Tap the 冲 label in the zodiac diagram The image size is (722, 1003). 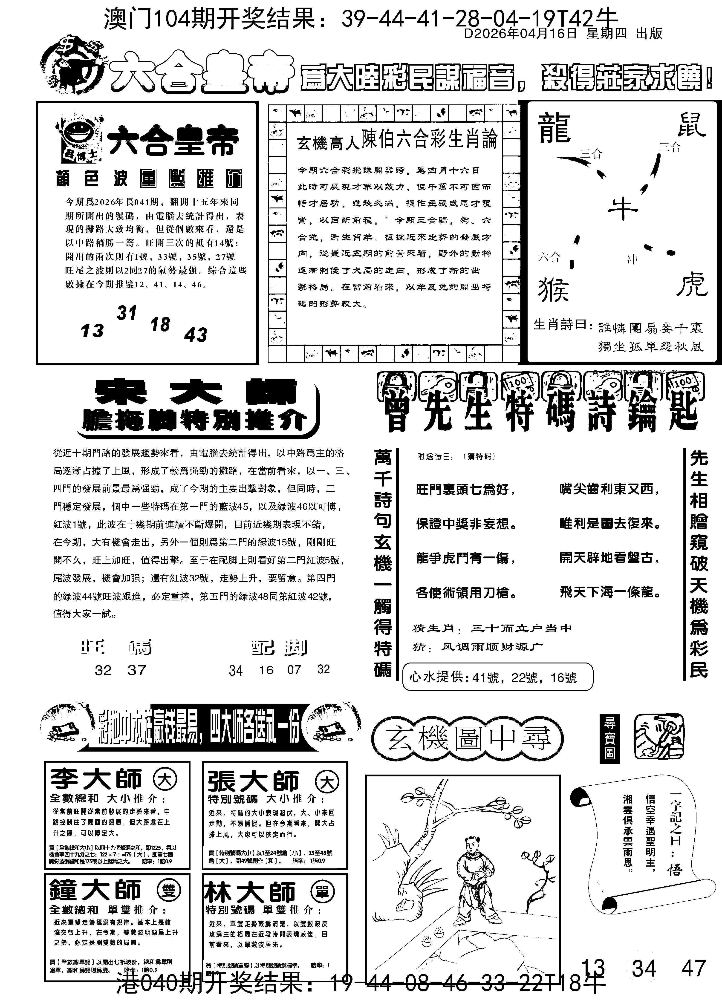click(x=632, y=259)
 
